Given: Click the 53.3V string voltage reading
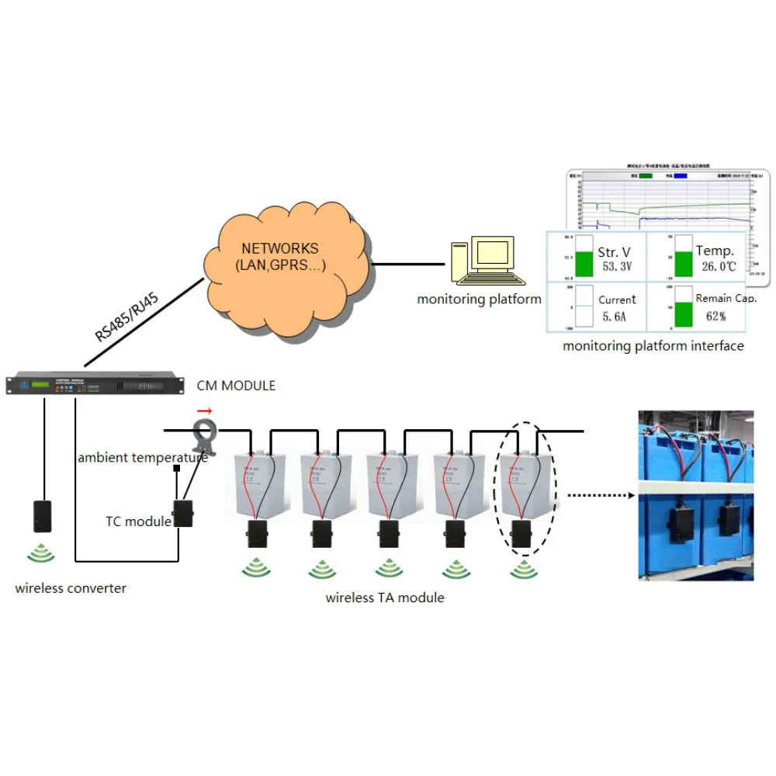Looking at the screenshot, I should pyautogui.click(x=617, y=268).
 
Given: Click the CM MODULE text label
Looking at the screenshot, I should pyautogui.click(x=236, y=386).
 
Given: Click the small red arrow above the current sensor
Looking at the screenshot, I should pyautogui.click(x=204, y=411).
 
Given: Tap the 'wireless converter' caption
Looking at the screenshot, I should pyautogui.click(x=71, y=588).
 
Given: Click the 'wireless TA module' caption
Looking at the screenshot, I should pyautogui.click(x=385, y=598).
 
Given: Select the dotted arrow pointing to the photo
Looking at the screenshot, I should pyautogui.click(x=598, y=494).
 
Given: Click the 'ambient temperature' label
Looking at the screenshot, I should pyautogui.click(x=143, y=458).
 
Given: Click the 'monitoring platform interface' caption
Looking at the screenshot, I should pyautogui.click(x=653, y=346).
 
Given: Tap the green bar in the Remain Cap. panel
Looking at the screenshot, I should pyautogui.click(x=684, y=314).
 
